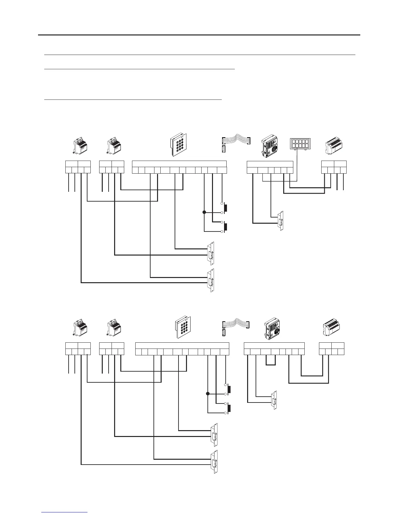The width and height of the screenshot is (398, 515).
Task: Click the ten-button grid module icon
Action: click(x=299, y=144)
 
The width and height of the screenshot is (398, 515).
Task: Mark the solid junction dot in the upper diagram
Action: click(x=204, y=212)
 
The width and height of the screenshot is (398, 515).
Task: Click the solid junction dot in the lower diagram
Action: click(x=207, y=394)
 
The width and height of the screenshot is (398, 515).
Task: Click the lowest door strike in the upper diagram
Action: click(x=211, y=280)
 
